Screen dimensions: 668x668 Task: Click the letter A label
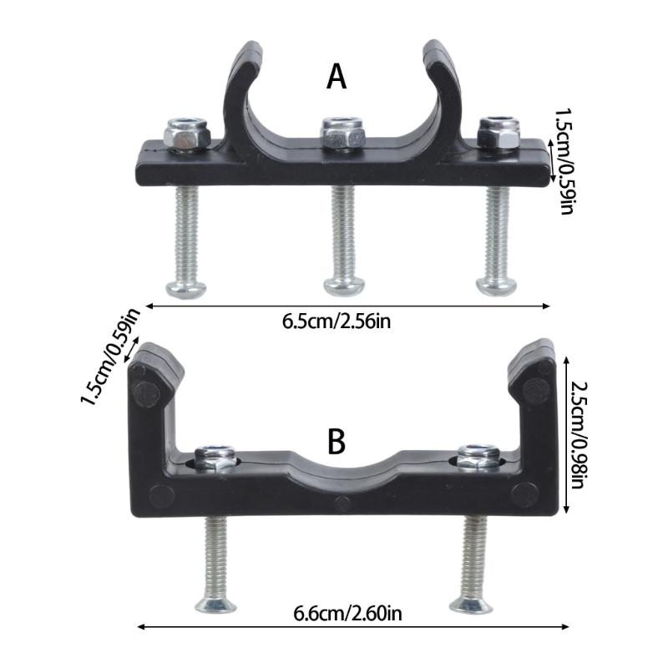tap(336, 77)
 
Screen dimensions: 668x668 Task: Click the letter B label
tap(336, 442)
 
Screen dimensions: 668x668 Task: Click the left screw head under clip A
tap(185, 287)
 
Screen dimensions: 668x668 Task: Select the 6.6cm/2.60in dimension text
tap(348, 615)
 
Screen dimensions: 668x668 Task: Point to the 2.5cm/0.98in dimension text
tap(579, 433)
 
